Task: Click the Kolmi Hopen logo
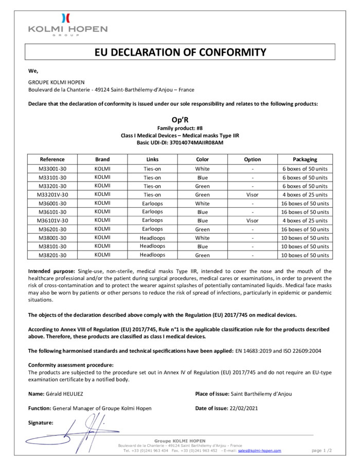[67, 24]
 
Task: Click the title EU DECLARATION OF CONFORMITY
[181, 52]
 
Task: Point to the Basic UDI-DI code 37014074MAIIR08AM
[199, 142]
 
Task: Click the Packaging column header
[305, 159]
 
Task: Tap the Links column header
[152, 159]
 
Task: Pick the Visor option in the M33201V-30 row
[252, 195]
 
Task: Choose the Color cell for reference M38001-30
[203, 238]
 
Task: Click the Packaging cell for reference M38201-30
[305, 255]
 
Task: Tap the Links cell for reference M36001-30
[152, 204]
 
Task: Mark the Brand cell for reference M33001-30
[102, 169]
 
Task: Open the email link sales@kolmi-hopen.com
[259, 451]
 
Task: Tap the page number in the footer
[322, 451]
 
